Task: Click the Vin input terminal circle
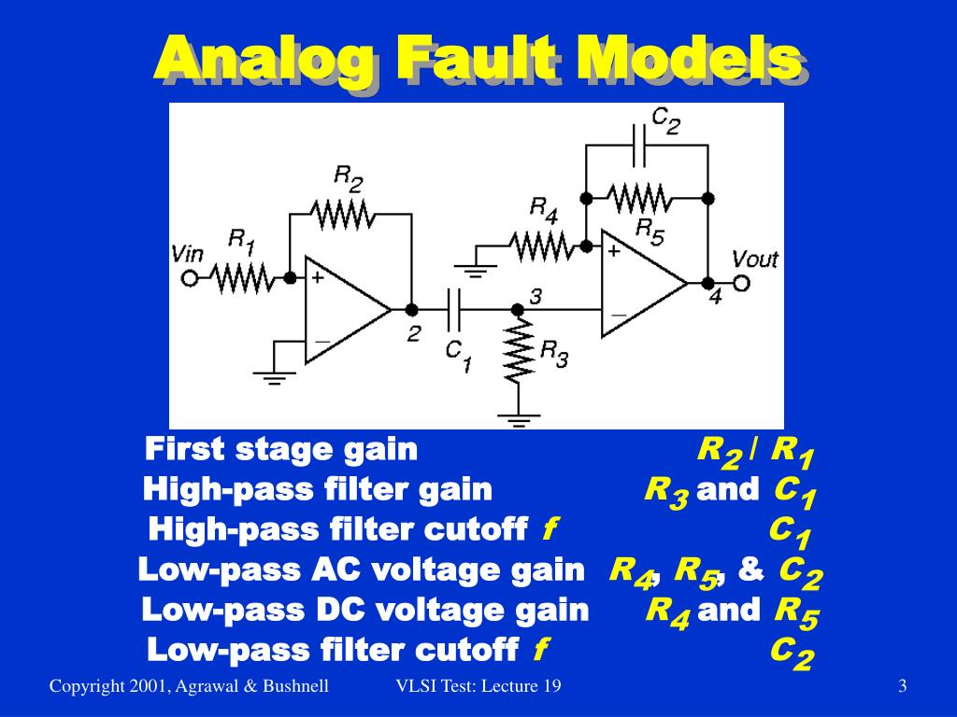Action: [190, 278]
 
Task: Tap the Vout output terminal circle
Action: [741, 283]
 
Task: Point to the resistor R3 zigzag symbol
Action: [517, 351]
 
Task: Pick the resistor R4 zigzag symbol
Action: [540, 246]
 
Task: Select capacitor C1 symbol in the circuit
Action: [453, 309]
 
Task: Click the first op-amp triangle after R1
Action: [341, 309]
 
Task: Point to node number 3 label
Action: [536, 297]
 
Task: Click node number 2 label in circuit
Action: [413, 333]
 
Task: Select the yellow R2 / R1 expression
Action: [756, 453]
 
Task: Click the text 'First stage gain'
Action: [281, 449]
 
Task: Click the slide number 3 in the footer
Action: [902, 687]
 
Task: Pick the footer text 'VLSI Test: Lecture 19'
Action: [478, 687]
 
